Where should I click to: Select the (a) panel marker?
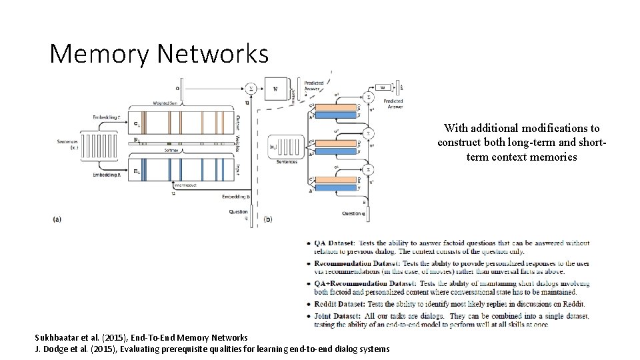[x=57, y=218]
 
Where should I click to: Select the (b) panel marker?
[x=269, y=218]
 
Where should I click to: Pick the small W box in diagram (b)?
[x=382, y=86]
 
